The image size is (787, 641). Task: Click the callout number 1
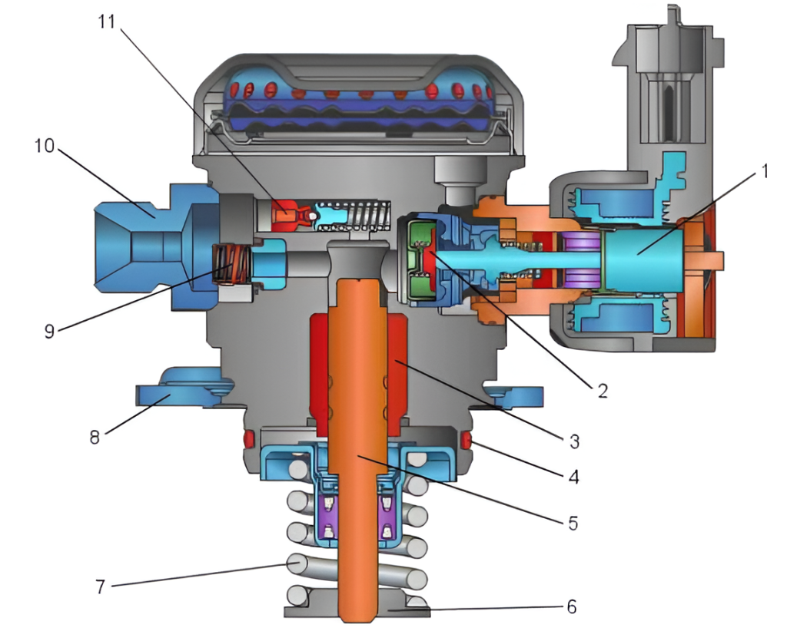click(x=765, y=172)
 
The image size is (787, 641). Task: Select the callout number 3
click(x=573, y=441)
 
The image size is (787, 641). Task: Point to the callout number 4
click(x=573, y=476)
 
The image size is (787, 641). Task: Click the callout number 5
click(x=573, y=523)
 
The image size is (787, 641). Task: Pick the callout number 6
click(x=572, y=607)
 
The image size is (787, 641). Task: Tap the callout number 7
click(x=101, y=586)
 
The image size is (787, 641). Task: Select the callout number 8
click(x=95, y=437)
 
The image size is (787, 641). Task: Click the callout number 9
click(x=49, y=331)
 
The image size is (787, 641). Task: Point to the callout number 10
click(x=44, y=146)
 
